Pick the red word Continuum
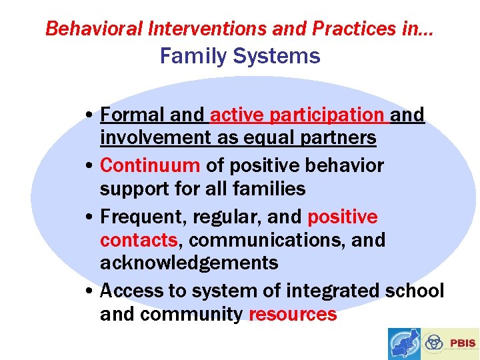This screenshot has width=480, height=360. tap(150, 165)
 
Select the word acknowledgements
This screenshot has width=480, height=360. tap(189, 263)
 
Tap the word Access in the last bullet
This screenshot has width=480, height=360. tap(133, 291)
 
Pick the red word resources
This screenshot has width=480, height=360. tap(293, 314)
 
